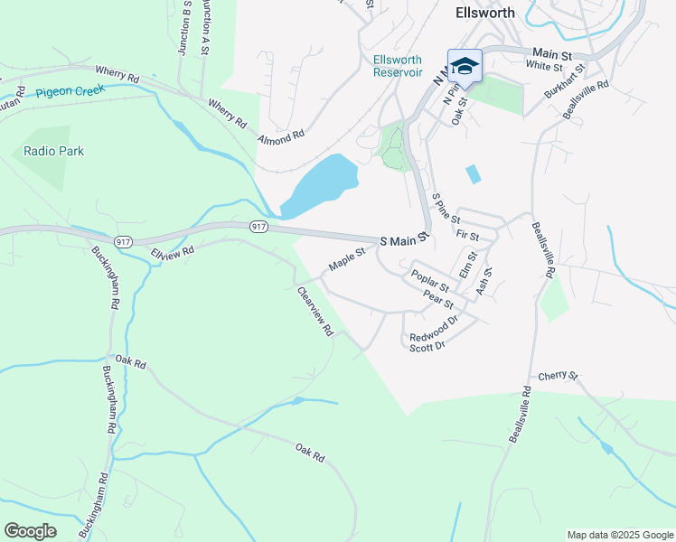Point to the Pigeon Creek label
[71, 91]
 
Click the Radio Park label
[54, 151]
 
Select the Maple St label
[346, 260]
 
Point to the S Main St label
[402, 241]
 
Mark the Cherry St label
[557, 376]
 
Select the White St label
[543, 66]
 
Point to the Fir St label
[467, 234]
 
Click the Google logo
[30, 531]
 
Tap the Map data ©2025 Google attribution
[619, 535]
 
